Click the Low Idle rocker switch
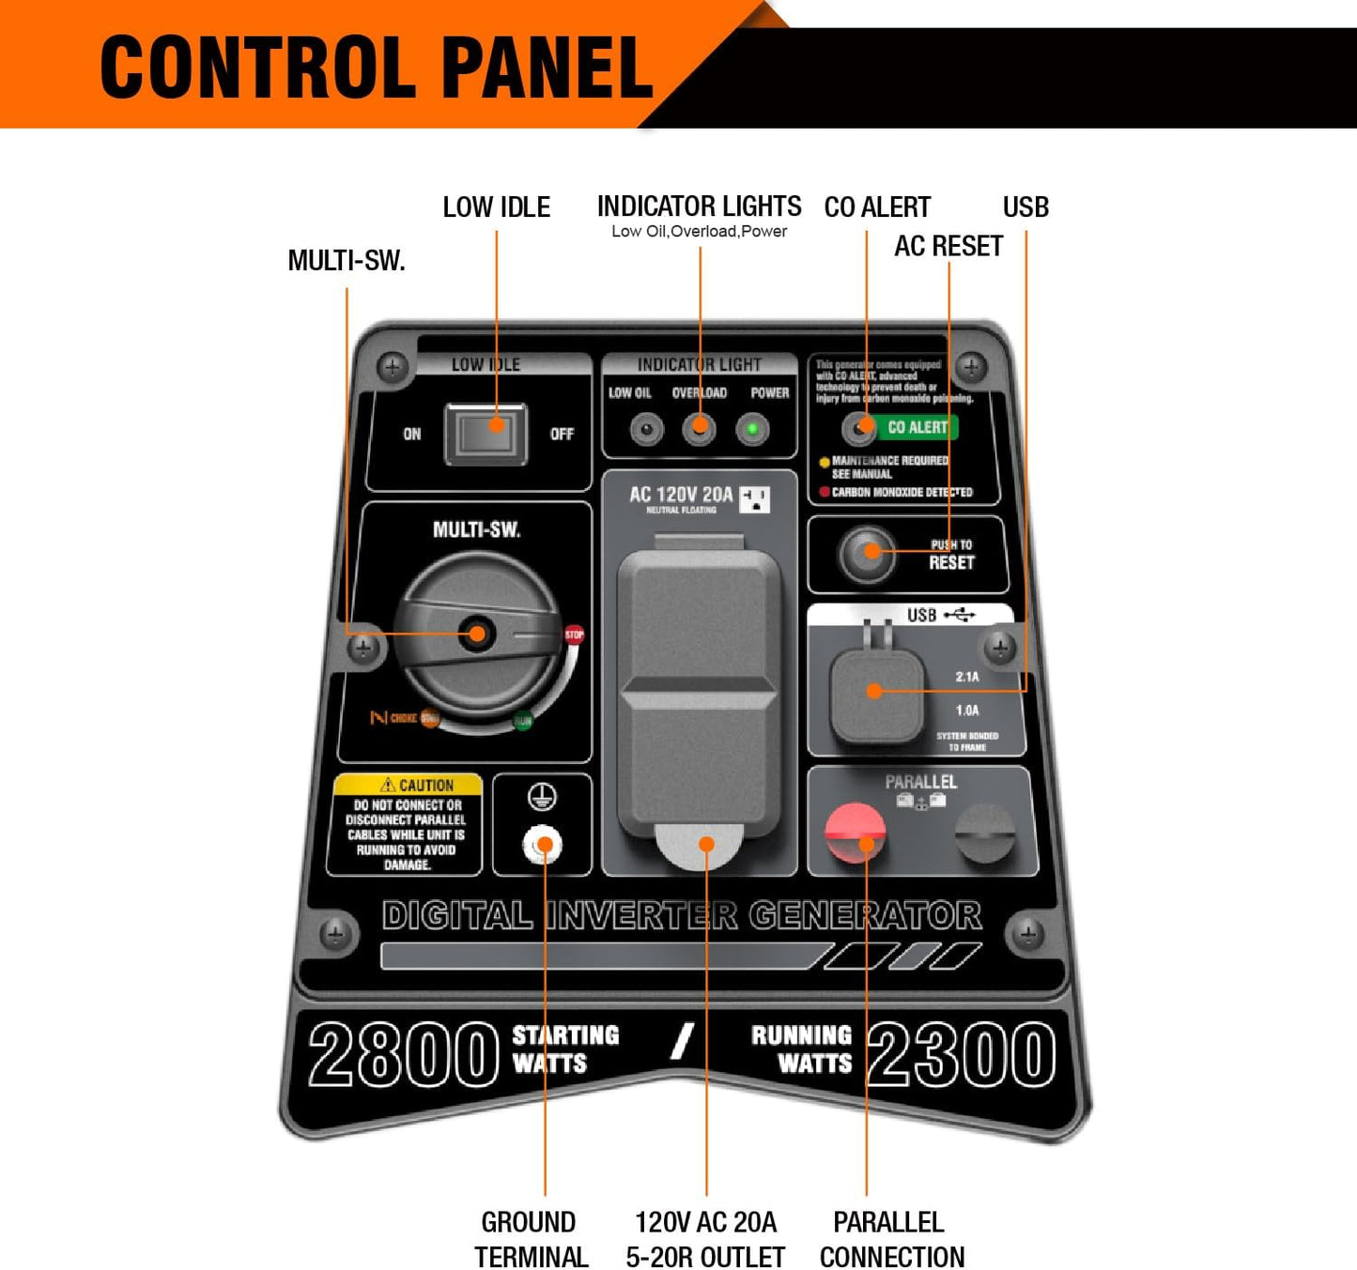click(485, 433)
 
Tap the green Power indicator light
click(752, 430)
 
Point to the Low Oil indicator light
click(645, 430)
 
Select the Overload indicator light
click(699, 430)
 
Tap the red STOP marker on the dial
click(574, 635)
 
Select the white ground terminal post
click(542, 845)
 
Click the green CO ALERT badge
click(918, 428)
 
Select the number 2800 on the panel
click(403, 1054)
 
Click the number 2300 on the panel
click(961, 1054)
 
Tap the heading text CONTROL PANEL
click(376, 68)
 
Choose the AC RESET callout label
click(948, 246)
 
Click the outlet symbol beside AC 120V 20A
click(755, 499)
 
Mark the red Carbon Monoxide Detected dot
click(825, 492)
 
